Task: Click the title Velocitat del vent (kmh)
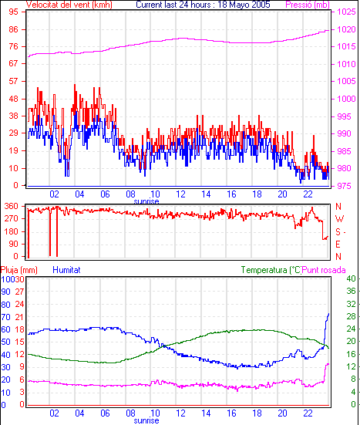tap(69, 5)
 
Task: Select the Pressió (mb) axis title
tap(308, 5)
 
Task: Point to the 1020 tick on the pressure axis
tap(346, 29)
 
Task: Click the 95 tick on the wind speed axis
tap(13, 12)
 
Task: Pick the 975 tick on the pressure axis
tap(344, 186)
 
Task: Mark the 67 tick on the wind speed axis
tap(13, 63)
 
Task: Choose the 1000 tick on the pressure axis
tap(346, 99)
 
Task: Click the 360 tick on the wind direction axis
tap(11, 206)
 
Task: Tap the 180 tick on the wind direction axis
tap(11, 231)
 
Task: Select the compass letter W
tap(339, 219)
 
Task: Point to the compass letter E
tap(338, 245)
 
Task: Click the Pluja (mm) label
tap(19, 270)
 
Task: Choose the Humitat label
tap(66, 270)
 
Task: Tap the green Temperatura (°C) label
tap(271, 270)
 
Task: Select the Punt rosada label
tap(324, 270)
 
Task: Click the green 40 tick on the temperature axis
tap(351, 278)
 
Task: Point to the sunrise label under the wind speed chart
tap(146, 201)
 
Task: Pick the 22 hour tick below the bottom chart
tap(308, 413)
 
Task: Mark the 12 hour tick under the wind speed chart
tap(180, 194)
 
